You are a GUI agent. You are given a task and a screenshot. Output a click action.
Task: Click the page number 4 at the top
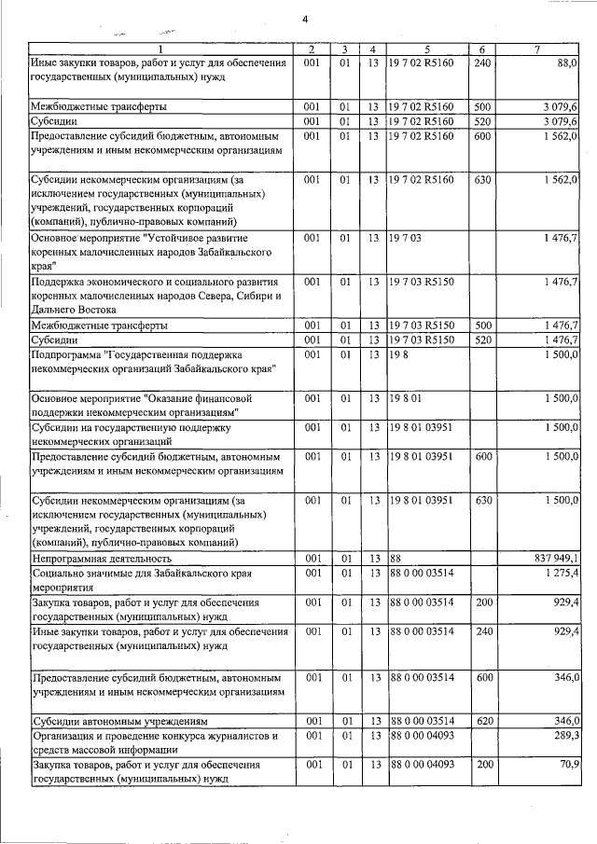304,20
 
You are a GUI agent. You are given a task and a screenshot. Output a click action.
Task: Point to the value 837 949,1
553,558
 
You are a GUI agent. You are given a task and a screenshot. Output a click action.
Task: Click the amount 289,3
564,736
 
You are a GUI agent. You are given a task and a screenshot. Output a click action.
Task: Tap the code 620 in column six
482,721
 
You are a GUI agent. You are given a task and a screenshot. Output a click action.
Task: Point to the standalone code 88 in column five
396,558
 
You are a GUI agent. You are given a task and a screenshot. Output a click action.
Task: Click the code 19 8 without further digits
400,355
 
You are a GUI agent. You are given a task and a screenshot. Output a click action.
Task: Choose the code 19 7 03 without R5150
407,239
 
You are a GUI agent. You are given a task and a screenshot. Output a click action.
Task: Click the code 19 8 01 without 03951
407,398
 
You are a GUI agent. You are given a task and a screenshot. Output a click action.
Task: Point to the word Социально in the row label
59,572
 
